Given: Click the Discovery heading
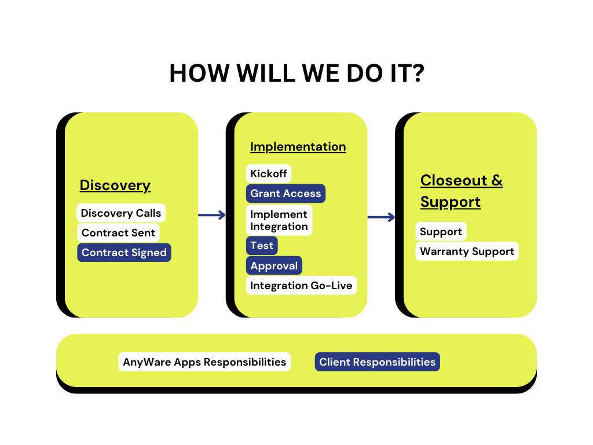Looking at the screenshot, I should pos(115,185).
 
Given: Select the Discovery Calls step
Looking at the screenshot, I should pos(121,213).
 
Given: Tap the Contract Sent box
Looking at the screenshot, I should pos(118,233).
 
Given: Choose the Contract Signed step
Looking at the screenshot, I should pos(124,253).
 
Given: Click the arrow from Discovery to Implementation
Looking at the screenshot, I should pos(212,216).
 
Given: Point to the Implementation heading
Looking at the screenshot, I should pos(298,147).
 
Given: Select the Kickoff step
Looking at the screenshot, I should pos(269,174).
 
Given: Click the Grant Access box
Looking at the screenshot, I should pos(285,194).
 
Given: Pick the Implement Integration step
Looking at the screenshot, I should pos(279,220).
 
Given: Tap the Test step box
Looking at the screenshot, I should pos(262,246).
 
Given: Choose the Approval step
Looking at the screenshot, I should pos(274,266).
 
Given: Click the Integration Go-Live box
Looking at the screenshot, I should pos(301,286).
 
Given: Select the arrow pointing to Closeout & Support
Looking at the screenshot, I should pos(382,217).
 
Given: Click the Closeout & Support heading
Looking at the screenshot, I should pos(462,191).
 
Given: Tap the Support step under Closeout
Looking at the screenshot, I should pos(441,232).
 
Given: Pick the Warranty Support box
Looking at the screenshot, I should pos(467,251).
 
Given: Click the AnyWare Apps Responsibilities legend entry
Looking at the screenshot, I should pos(204,362).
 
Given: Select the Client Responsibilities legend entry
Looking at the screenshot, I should pos(377,362).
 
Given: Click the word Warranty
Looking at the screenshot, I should pos(442,251).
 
